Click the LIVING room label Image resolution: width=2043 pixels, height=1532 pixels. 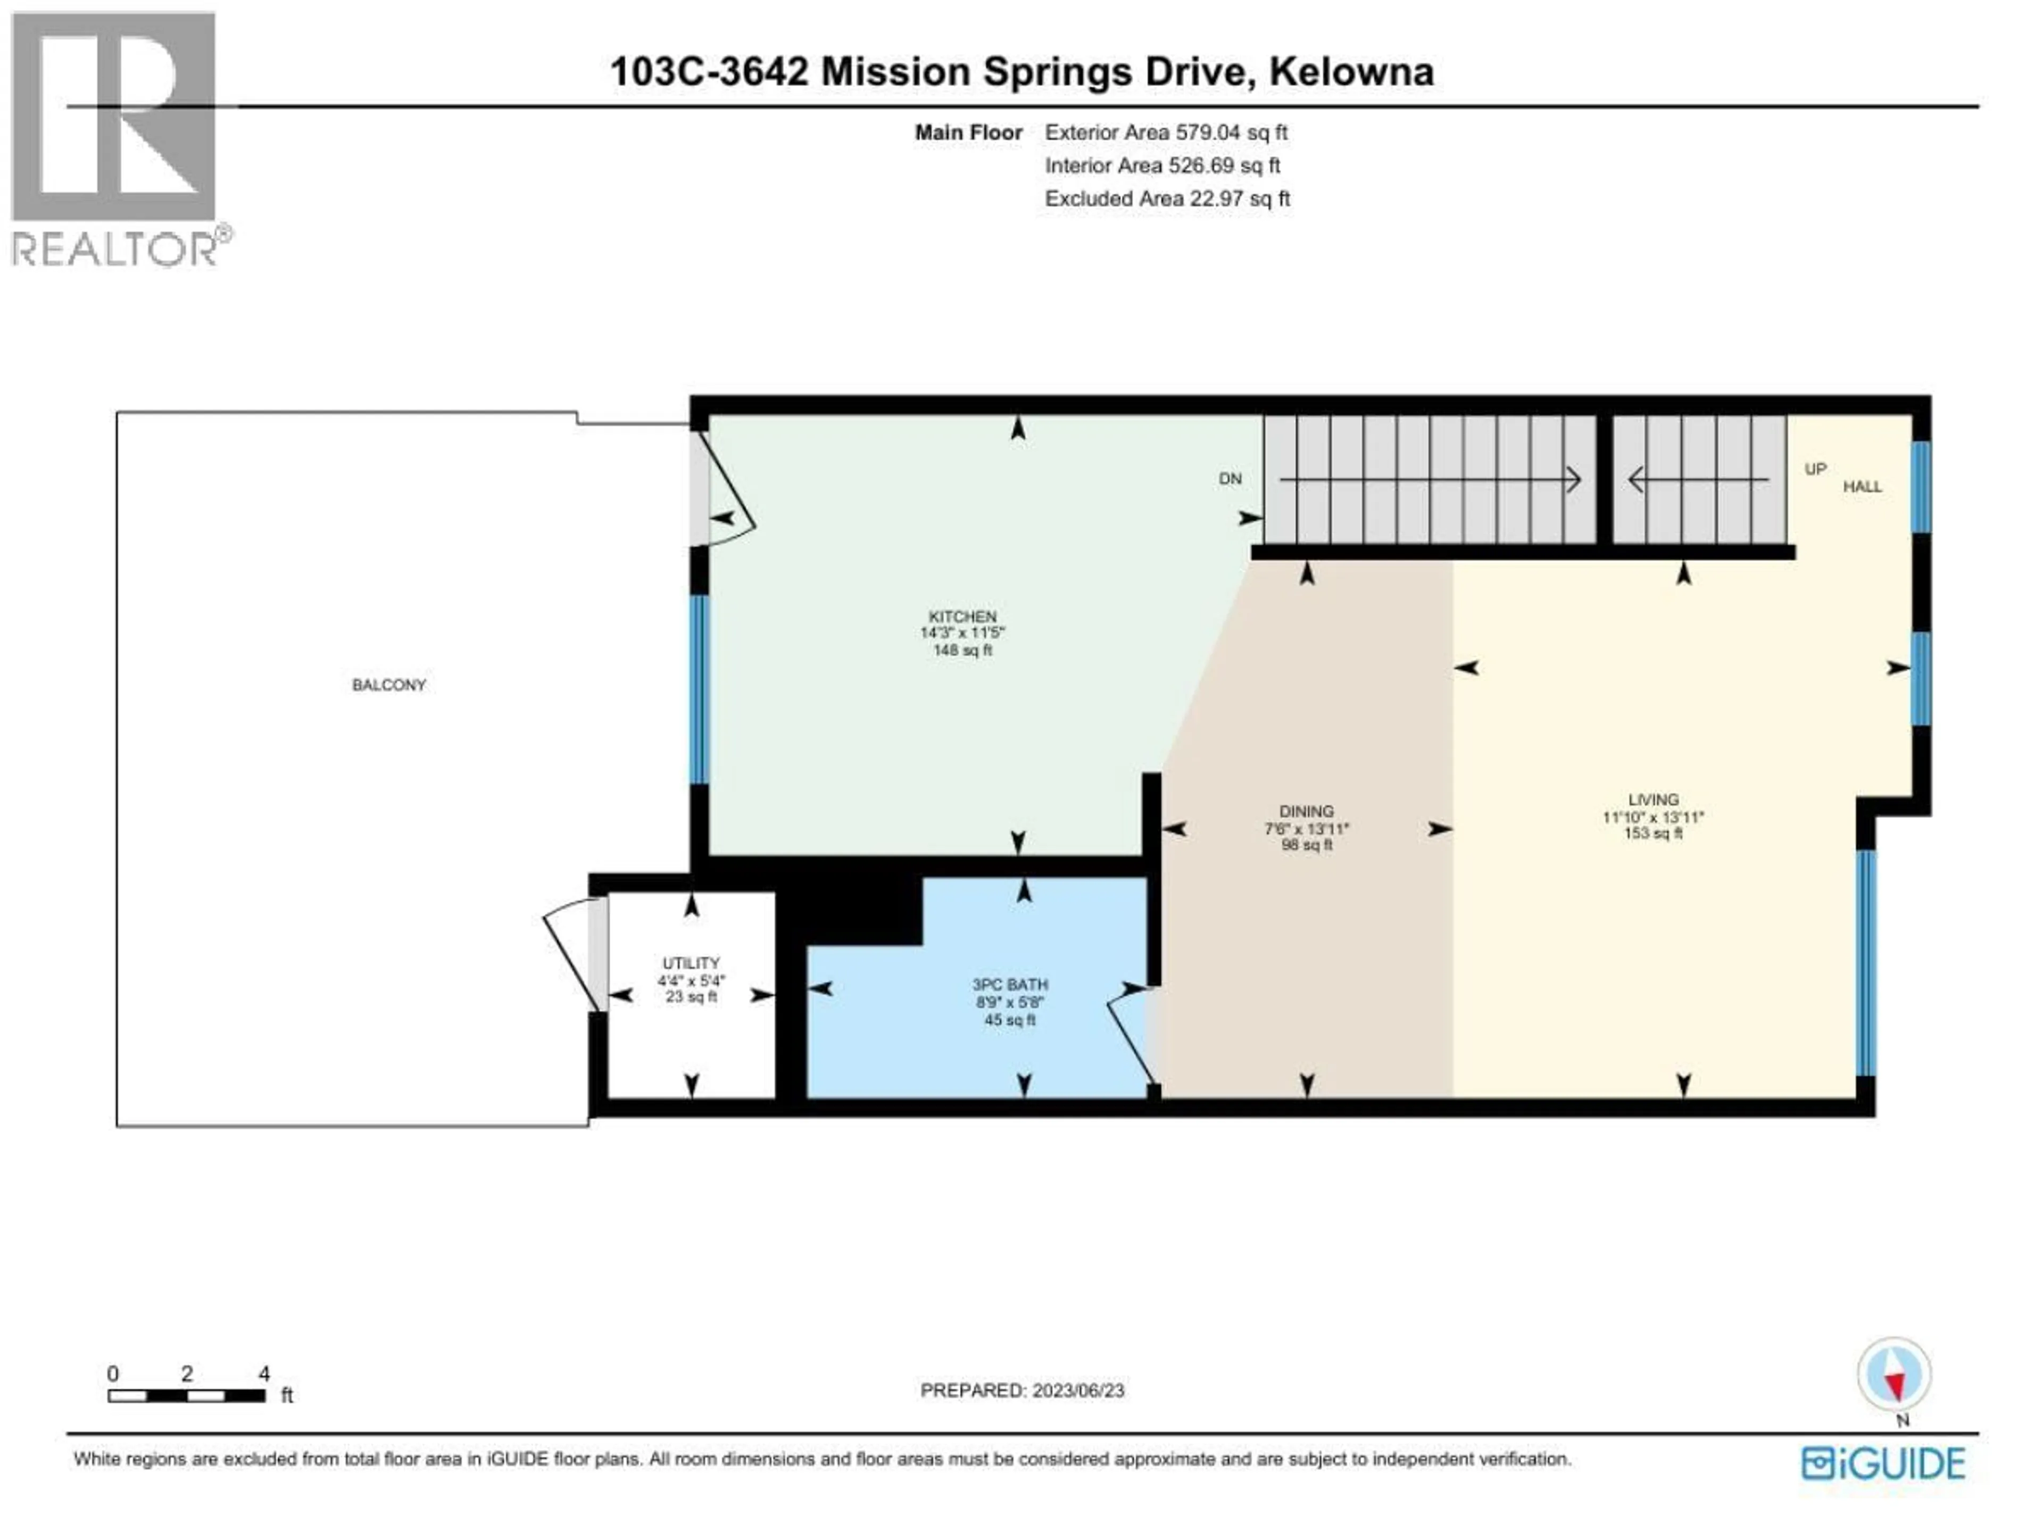1653,800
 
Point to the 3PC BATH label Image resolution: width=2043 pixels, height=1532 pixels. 1009,985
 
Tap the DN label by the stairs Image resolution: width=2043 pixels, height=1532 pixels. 1230,478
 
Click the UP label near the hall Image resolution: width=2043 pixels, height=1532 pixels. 1815,469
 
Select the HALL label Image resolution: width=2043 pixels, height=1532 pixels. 1862,487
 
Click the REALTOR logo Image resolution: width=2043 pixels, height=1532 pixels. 115,138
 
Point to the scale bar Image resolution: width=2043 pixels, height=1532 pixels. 187,1395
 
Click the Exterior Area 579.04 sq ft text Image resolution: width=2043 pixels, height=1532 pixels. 1166,132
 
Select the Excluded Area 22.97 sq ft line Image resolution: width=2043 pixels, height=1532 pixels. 1167,198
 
